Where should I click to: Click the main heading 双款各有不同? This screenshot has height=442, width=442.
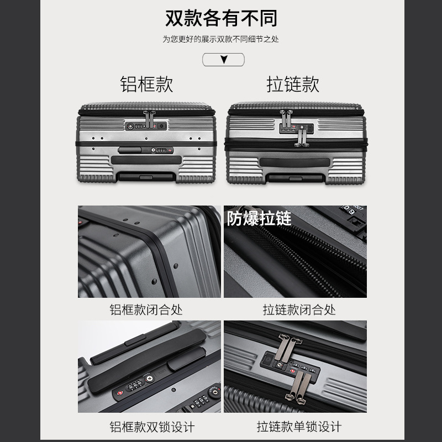tap(221, 18)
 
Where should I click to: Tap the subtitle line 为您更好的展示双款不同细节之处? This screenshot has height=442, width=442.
tap(220, 39)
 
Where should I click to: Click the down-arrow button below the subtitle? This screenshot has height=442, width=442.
tap(223, 60)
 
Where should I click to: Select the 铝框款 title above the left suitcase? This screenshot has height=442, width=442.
tap(146, 84)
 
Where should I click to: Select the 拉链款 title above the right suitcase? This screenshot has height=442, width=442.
tap(293, 84)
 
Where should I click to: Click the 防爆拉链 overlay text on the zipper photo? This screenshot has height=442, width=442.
tap(259, 218)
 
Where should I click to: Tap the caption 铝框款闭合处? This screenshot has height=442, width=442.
tap(146, 309)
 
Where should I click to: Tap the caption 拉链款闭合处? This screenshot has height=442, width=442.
tap(299, 309)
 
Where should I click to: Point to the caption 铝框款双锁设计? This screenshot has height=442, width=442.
tap(152, 427)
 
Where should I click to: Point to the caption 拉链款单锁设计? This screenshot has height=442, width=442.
tap(299, 427)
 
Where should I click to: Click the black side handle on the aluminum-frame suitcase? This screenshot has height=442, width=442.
tap(146, 160)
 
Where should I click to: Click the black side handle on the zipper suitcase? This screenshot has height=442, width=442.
tap(294, 162)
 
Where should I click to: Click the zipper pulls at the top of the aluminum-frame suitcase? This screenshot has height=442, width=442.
tap(149, 119)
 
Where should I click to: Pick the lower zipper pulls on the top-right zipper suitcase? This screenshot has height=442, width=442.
tap(302, 138)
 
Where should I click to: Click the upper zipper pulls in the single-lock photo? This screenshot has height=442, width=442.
tap(287, 348)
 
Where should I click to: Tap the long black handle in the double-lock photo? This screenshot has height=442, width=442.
tap(147, 361)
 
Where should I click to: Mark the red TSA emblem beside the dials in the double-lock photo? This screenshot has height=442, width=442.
tap(120, 393)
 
